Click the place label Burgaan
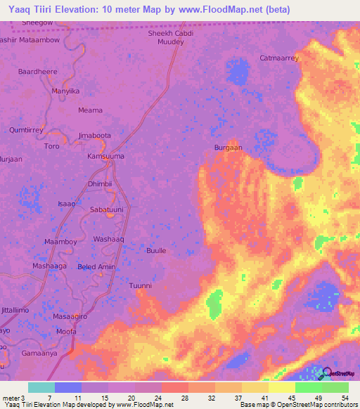point(228,148)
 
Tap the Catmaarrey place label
point(279,58)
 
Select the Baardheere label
point(38,72)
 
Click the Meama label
point(90,110)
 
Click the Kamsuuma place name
point(105,155)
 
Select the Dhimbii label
point(100,184)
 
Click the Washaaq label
point(108,239)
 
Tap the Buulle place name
point(156,250)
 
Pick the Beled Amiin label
point(96,267)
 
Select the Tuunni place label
point(141,285)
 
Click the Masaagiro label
point(69,317)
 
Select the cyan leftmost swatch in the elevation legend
point(41,387)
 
